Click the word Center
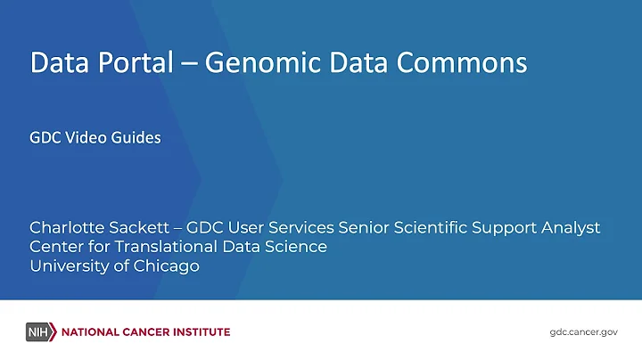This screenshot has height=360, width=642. pyautogui.click(x=55, y=247)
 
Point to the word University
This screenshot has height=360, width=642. pyautogui.click(x=68, y=266)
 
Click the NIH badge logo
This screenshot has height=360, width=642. pyautogui.click(x=40, y=332)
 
